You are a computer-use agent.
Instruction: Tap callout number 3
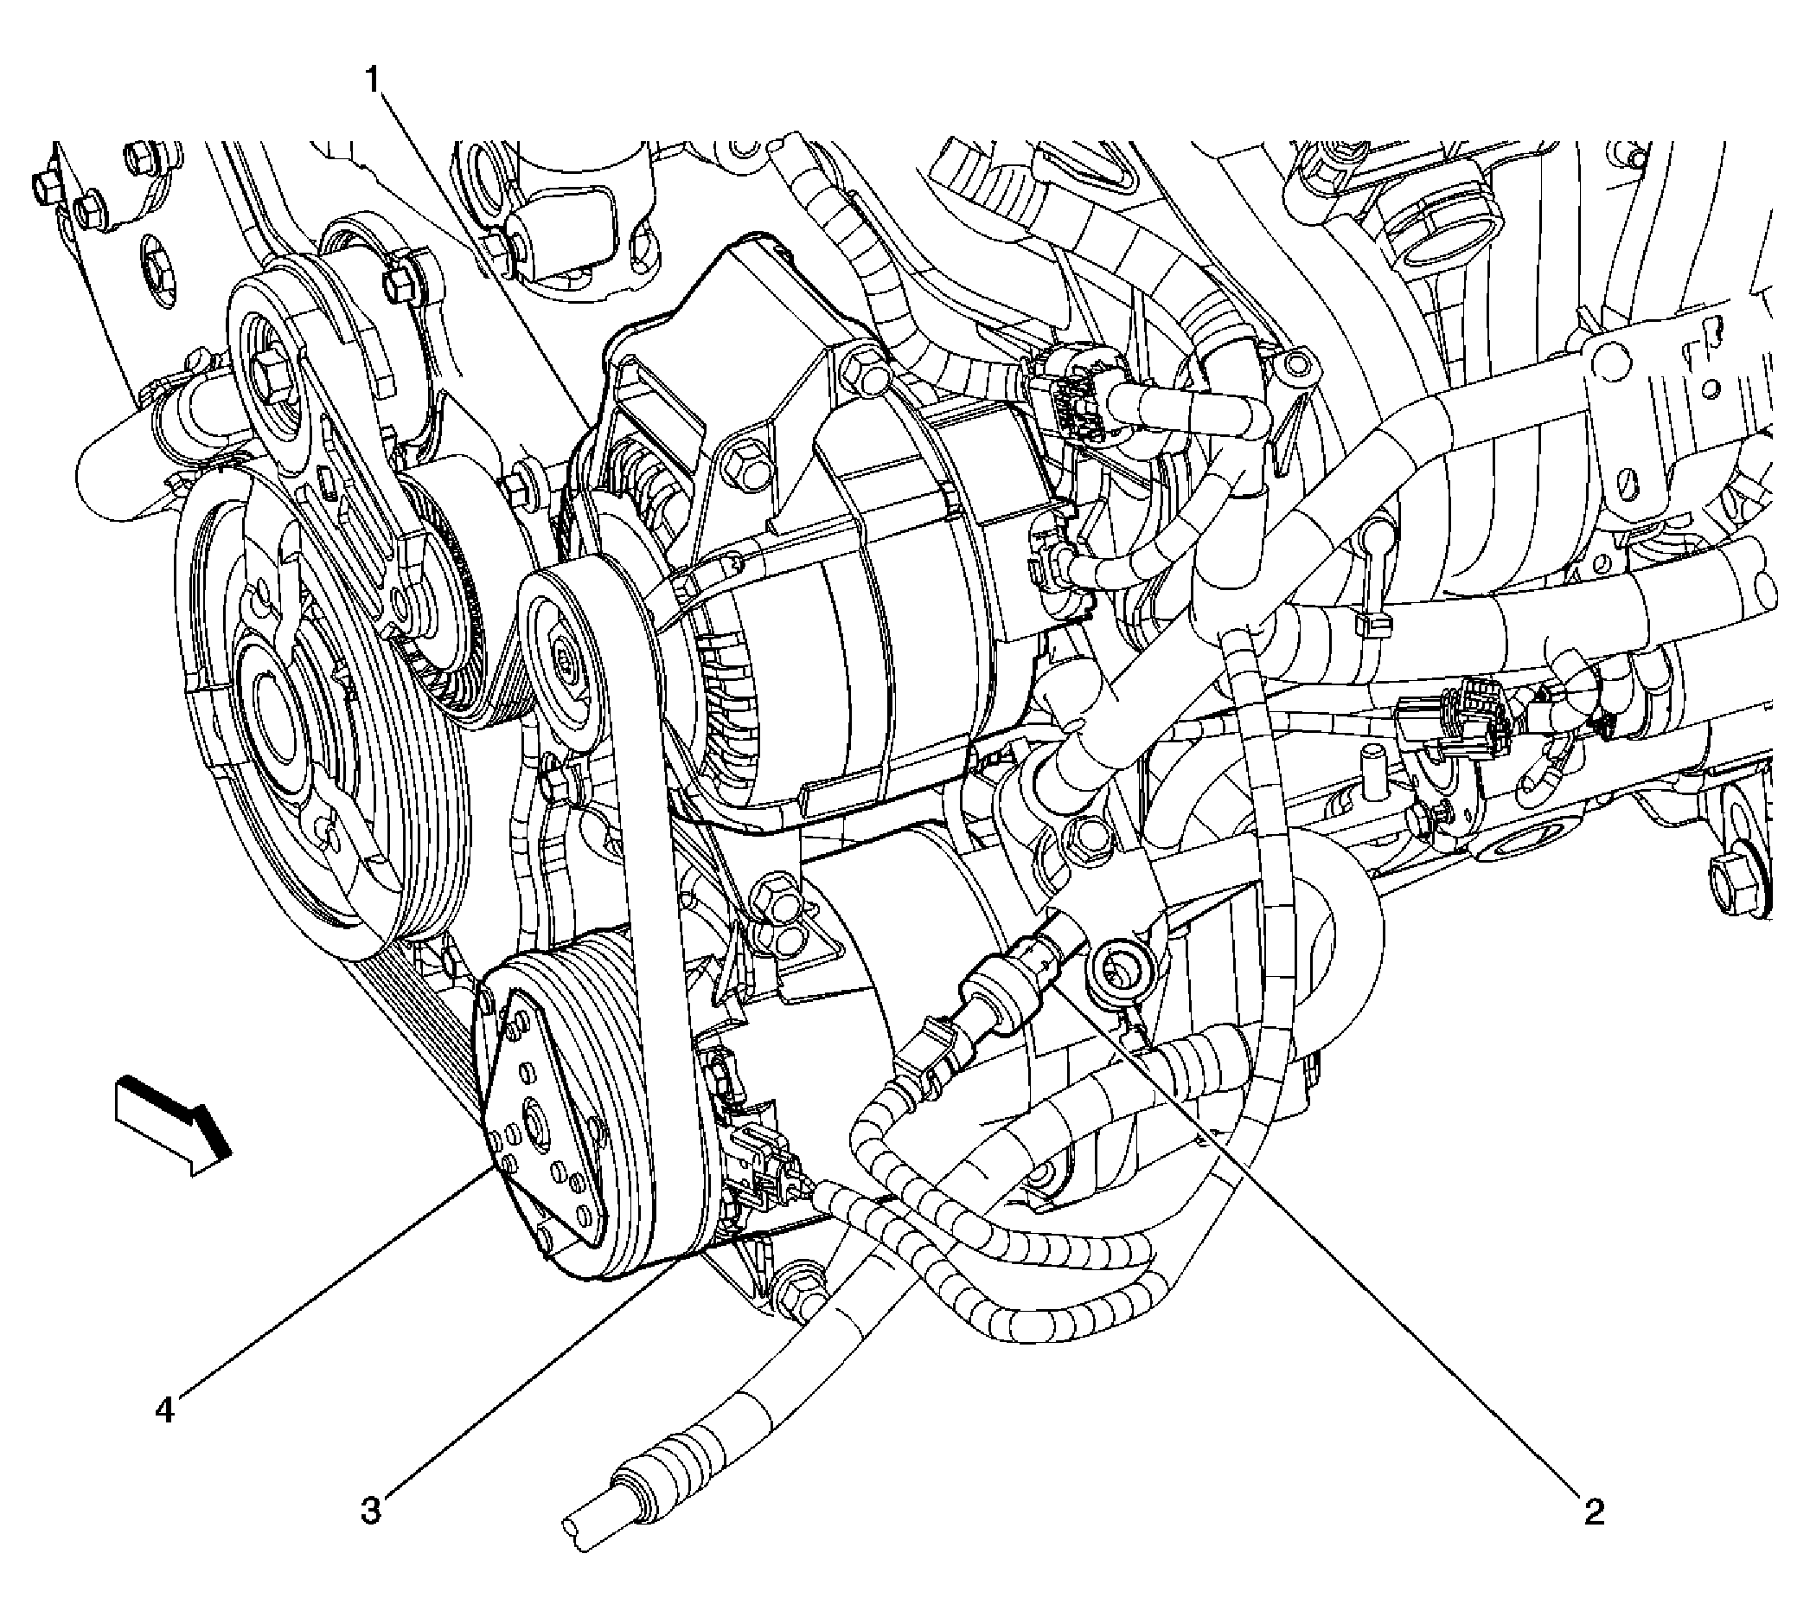pyautogui.click(x=370, y=1511)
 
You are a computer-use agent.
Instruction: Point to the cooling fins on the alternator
pyautogui.click(x=724, y=703)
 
